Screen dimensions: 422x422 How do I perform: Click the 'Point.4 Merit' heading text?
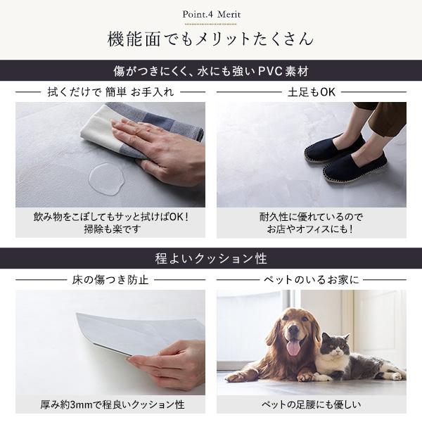211,14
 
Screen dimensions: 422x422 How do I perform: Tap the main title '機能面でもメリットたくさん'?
211,39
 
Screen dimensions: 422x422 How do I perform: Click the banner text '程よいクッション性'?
211,258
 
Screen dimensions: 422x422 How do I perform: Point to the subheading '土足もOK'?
312,92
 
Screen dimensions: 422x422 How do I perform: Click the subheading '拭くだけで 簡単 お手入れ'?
110,92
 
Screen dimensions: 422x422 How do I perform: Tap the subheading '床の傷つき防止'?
110,280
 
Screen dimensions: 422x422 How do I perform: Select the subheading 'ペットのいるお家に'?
312,280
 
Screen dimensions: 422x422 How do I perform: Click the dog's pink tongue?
293,347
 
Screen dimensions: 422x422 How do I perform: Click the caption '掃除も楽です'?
113,229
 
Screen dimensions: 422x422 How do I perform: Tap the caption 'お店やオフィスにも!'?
310,229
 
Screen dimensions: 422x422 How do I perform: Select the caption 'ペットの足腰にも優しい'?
312,405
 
